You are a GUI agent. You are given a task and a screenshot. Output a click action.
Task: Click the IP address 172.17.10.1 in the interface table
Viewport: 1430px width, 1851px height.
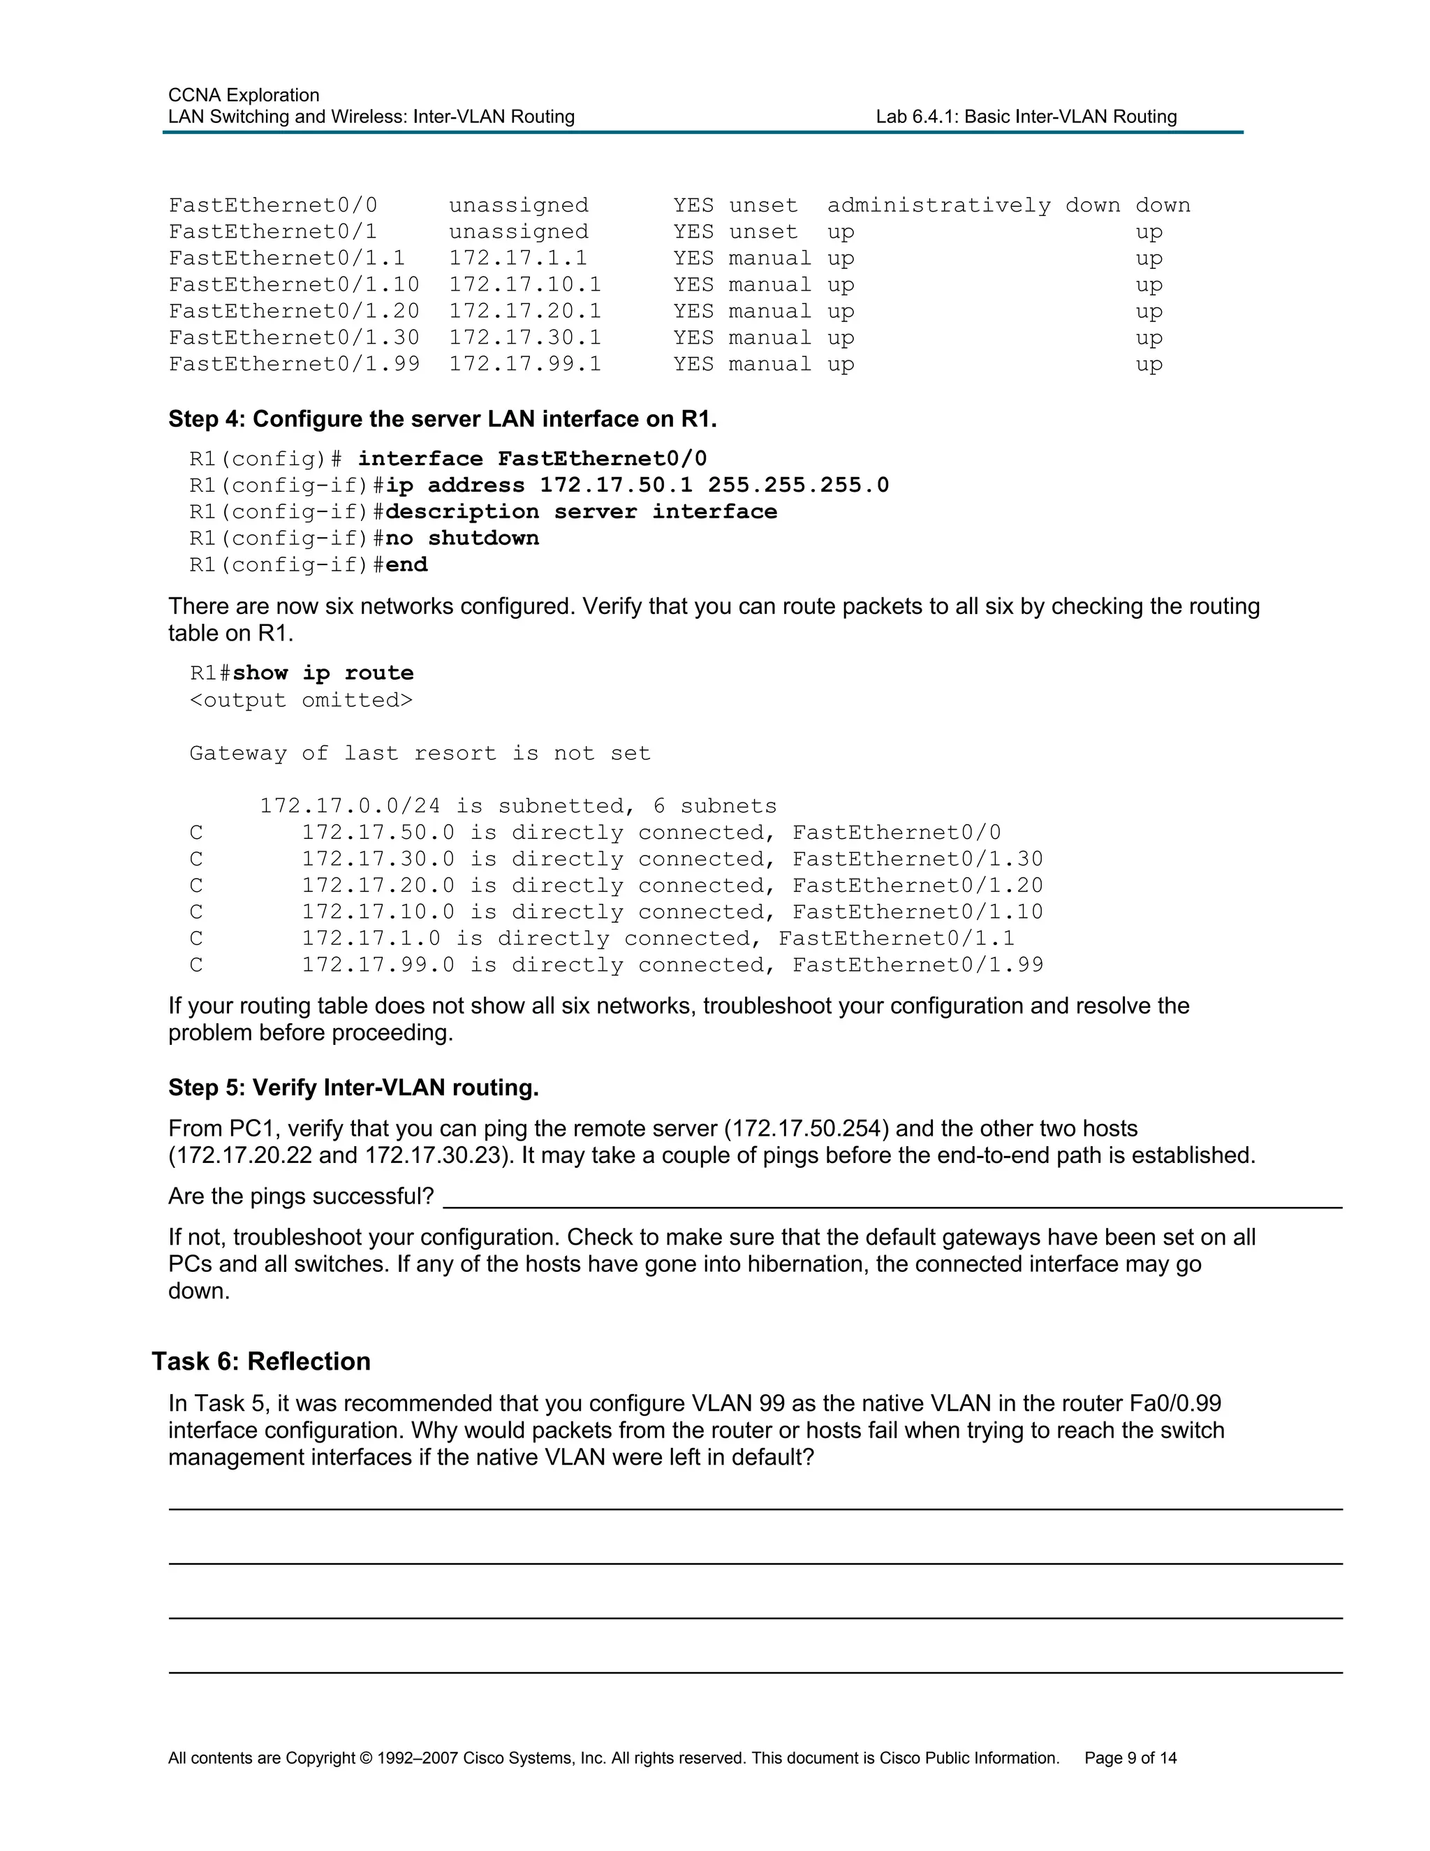[524, 285]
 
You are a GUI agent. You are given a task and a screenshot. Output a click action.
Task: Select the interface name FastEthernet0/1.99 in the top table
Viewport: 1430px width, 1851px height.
[294, 365]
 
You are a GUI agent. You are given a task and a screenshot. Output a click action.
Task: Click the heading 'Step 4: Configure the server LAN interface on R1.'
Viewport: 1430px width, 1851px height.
[442, 420]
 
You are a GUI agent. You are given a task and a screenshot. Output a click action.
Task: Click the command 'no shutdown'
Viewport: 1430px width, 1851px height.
[462, 538]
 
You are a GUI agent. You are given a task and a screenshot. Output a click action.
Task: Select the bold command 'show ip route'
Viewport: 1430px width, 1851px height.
[323, 673]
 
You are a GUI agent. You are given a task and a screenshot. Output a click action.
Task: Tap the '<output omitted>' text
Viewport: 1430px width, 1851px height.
[301, 700]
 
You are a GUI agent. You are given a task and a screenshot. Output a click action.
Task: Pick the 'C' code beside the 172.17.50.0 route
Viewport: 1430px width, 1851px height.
[196, 833]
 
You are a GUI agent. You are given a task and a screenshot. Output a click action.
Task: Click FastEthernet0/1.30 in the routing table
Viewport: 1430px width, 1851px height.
[917, 859]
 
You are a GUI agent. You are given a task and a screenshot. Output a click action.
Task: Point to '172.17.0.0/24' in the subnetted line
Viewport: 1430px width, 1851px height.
[350, 806]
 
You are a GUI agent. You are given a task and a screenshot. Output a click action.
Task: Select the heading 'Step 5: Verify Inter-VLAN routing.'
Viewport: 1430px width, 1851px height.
[353, 1088]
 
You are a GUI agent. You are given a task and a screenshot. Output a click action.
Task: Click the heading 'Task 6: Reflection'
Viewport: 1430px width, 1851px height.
[261, 1361]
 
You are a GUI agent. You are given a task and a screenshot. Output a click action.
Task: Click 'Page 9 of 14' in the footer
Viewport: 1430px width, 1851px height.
[1130, 1759]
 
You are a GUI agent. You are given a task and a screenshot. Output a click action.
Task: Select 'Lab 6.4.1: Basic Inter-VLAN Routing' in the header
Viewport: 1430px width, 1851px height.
[1026, 117]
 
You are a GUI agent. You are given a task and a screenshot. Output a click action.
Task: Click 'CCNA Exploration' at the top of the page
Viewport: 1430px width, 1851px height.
[244, 95]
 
